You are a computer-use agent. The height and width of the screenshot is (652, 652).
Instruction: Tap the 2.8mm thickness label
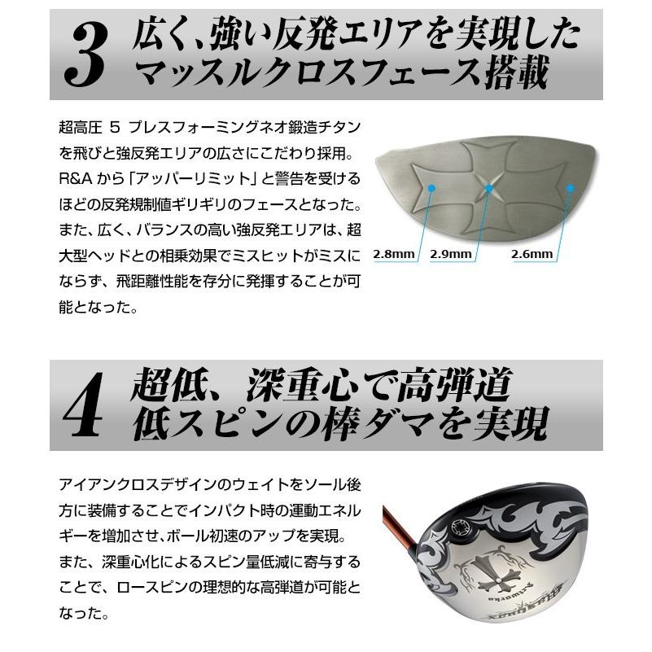click(394, 254)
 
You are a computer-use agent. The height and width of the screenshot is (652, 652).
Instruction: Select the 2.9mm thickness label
click(452, 254)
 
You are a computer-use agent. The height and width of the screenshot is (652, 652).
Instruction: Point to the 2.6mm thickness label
click(532, 254)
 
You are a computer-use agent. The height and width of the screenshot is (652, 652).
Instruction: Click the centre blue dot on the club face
click(489, 187)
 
